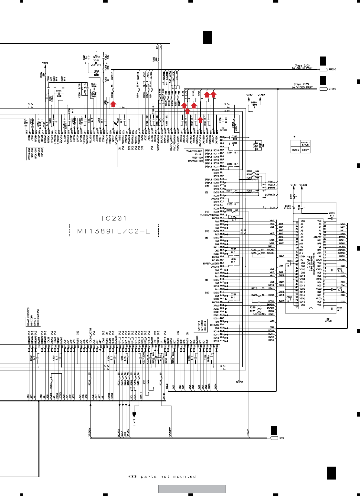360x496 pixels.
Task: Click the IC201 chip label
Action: pyautogui.click(x=114, y=219)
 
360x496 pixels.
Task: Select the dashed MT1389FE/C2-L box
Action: pyautogui.click(x=114, y=231)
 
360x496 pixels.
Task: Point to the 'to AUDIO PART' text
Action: pyautogui.click(x=302, y=68)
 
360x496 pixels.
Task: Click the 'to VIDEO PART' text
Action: pyautogui.click(x=302, y=88)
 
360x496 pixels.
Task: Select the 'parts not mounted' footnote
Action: pyautogui.click(x=162, y=477)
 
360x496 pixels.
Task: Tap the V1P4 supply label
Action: pyautogui.click(x=45, y=63)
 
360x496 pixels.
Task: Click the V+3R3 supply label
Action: pyautogui.click(x=261, y=95)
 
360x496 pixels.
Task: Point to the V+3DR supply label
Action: pyautogui.click(x=303, y=185)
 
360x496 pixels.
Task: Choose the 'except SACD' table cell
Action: pyautogui.click(x=305, y=144)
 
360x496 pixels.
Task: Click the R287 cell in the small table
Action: pyautogui.click(x=295, y=150)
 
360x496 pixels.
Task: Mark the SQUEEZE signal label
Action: pyautogui.click(x=270, y=195)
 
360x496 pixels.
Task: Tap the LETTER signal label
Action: pyautogui.click(x=271, y=188)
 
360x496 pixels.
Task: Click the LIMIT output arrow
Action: pyautogui.click(x=134, y=415)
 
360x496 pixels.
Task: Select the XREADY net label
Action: pyautogui.click(x=90, y=432)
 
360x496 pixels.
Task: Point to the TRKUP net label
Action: pyautogui.click(x=248, y=433)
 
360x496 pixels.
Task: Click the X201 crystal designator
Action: pyautogui.click(x=96, y=60)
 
